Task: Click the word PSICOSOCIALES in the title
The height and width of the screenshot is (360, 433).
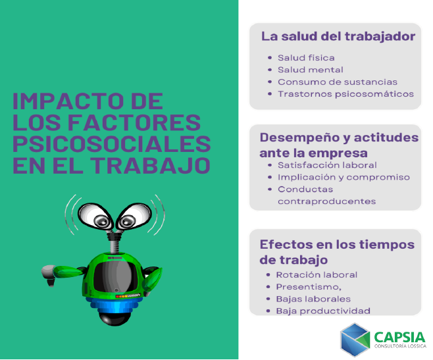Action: pos(112,144)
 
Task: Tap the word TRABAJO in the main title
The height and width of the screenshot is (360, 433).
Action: pos(151,165)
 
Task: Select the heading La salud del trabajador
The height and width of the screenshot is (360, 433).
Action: pos(338,36)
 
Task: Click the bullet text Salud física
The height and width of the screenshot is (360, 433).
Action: pos(306,58)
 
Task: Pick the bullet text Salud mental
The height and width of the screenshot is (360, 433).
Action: pos(311,70)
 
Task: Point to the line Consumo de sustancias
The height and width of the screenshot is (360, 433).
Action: pos(338,82)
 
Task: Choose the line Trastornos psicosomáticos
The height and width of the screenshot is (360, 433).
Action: pos(345,94)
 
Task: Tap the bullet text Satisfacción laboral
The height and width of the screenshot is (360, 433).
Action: pos(327,165)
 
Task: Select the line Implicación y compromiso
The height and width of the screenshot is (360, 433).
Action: pos(344,178)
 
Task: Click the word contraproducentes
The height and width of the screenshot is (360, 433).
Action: pos(326,201)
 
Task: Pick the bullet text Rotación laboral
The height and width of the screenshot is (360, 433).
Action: pos(317,275)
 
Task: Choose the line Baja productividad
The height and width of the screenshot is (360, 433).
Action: pos(323,311)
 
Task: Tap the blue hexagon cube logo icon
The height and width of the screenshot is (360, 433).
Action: pos(355,340)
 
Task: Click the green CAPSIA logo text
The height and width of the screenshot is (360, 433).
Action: pos(399,338)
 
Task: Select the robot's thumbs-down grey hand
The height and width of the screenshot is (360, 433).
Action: pos(49,274)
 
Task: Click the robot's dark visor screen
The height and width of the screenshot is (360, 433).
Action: pos(115,277)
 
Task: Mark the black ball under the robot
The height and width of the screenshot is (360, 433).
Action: pos(115,319)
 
